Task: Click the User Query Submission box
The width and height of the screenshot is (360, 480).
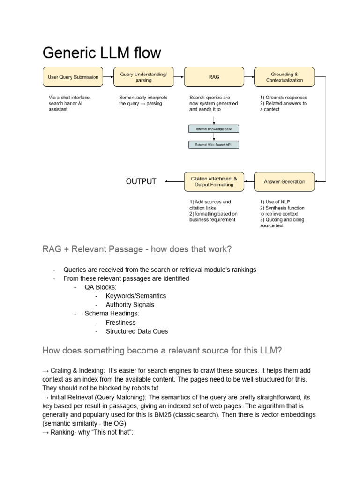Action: (x=73, y=77)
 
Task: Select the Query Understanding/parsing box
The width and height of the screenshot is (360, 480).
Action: (x=143, y=77)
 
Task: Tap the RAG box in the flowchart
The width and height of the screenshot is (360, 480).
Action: (x=214, y=77)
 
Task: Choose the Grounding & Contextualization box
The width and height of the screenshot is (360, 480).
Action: (x=285, y=77)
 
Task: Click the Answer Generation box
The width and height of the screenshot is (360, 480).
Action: (x=285, y=181)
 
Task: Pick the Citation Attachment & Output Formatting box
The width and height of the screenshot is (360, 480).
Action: (x=214, y=181)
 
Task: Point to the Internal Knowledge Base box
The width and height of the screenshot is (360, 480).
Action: (x=214, y=128)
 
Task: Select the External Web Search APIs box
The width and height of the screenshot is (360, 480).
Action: (x=214, y=145)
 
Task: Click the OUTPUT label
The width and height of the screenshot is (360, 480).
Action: (x=141, y=181)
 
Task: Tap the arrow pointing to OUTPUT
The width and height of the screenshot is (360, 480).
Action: (x=174, y=181)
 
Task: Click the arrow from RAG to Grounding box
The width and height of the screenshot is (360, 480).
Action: (x=249, y=77)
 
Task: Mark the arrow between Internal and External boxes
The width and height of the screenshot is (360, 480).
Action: (x=214, y=136)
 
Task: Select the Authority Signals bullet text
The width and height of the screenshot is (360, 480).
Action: (x=130, y=305)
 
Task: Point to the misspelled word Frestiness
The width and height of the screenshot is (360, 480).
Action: (x=120, y=322)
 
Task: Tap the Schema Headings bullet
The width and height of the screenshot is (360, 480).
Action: (x=112, y=314)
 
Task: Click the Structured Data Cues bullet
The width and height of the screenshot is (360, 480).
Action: (x=136, y=331)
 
